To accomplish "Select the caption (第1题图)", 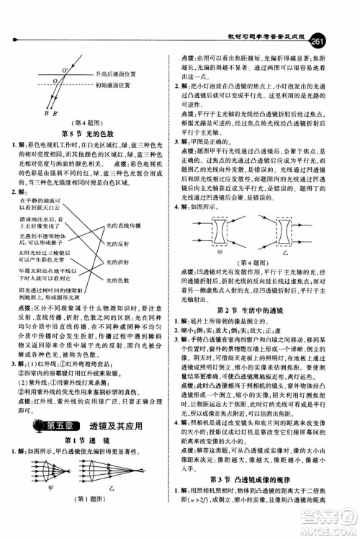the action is [x=89, y=520].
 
